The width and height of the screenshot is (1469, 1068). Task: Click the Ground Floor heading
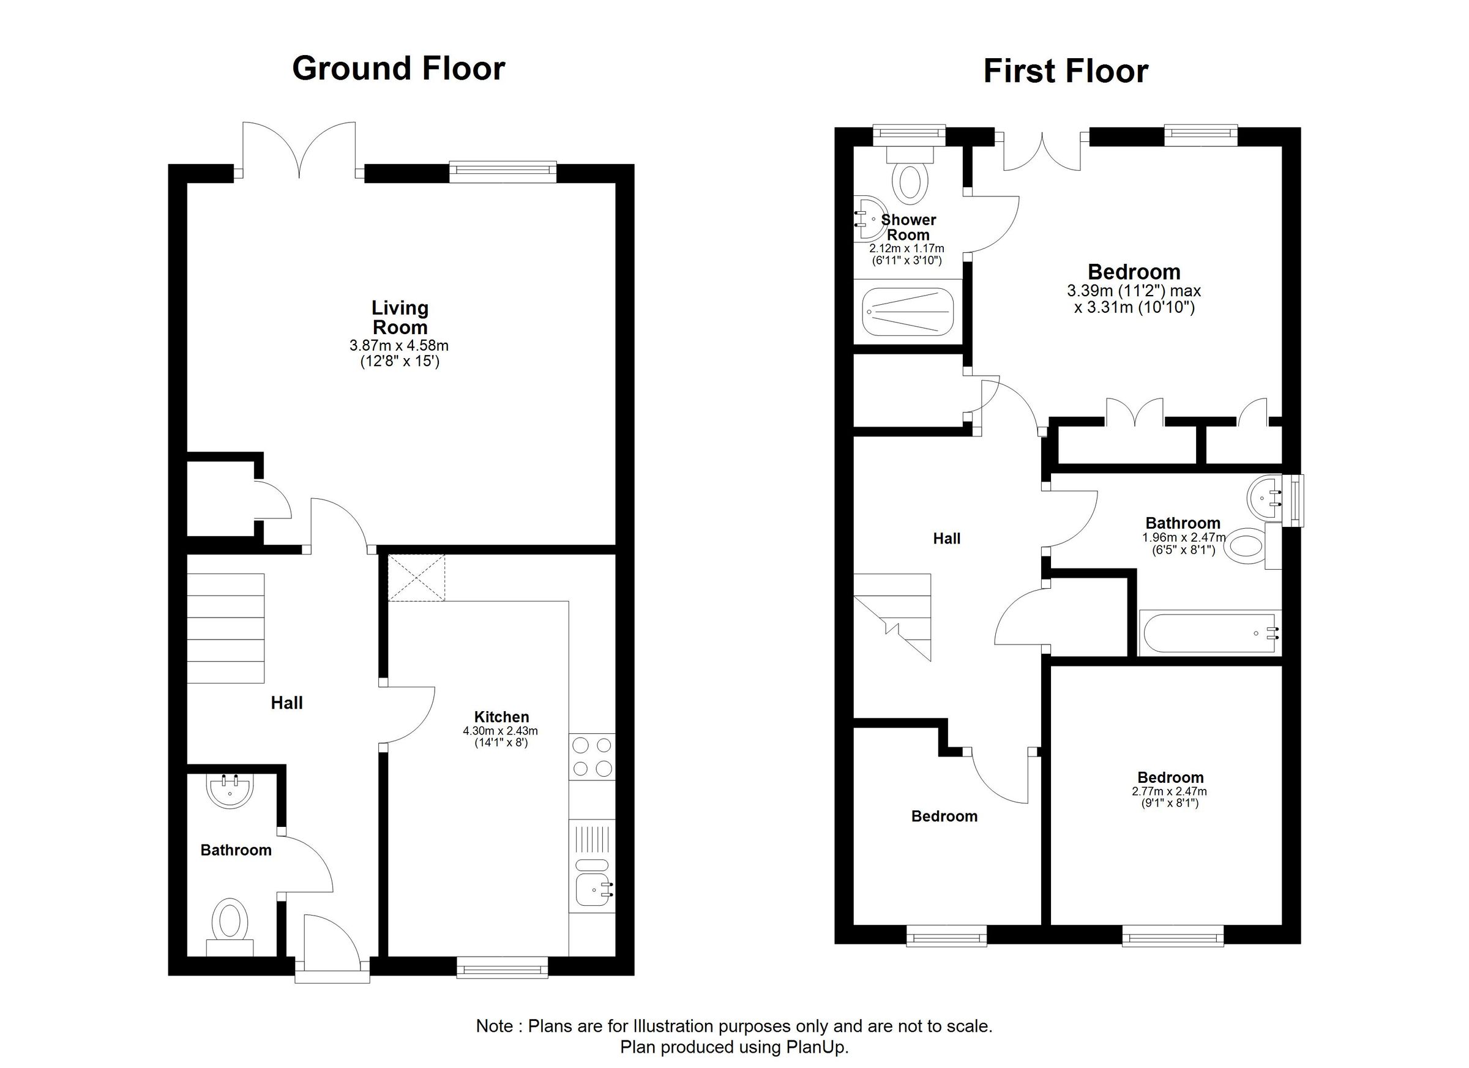pos(398,69)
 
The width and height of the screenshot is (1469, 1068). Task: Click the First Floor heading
pos(1066,71)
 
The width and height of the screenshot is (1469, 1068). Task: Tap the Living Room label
pos(400,318)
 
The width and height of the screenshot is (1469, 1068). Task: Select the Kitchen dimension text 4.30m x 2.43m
pos(500,731)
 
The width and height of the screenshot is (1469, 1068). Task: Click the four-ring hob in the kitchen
pos(592,756)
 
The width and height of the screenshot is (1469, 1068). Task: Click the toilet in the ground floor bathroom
pos(230,920)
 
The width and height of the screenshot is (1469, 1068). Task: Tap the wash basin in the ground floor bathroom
pos(230,791)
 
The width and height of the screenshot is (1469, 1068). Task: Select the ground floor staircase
pos(225,627)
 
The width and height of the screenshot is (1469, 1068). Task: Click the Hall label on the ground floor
pos(286,703)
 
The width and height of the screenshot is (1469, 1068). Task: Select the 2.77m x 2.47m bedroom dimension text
pos(1169,791)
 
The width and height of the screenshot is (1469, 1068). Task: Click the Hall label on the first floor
pos(946,538)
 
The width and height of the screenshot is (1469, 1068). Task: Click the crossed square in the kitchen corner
pos(416,578)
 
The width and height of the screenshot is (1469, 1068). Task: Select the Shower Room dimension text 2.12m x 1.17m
pos(906,248)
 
